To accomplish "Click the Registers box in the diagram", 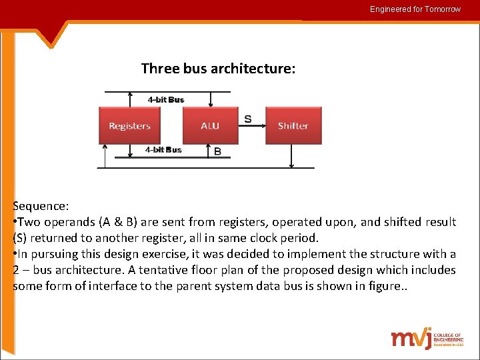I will coord(130,126).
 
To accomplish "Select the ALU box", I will coord(210,126).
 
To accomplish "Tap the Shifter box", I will coord(293,126).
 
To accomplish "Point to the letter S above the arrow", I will coord(248,119).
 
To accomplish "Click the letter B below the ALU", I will coord(217,151).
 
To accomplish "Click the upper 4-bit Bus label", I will coord(166,99).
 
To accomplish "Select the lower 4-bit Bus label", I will coord(163,149).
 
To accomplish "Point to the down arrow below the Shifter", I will coord(292,156).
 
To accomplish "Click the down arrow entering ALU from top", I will coord(211,99).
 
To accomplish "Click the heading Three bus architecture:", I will coord(218,69).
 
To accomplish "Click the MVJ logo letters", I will coord(411,339).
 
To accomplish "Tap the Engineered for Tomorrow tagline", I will coord(415,9).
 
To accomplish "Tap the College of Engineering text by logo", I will coord(447,339).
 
